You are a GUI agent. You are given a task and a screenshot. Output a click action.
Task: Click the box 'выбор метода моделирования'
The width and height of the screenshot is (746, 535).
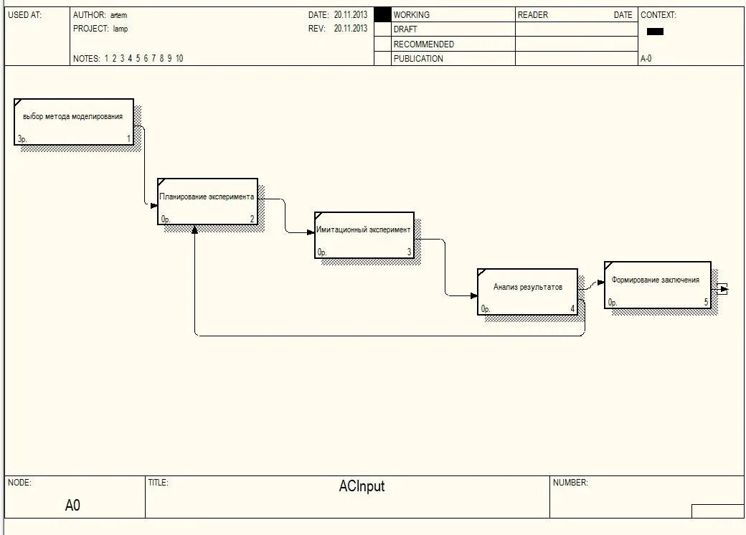tap(73, 121)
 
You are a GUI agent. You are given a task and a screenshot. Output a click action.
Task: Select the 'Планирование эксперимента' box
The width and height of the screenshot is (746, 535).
tap(207, 201)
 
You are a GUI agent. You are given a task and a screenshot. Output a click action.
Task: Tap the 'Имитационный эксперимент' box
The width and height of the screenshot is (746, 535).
tap(364, 235)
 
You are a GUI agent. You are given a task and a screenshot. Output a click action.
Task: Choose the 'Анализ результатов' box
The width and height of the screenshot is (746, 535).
tap(527, 291)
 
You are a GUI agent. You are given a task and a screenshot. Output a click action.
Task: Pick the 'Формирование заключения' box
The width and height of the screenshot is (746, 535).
tap(657, 284)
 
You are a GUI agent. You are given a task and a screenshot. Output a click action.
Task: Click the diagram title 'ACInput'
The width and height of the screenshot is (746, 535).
tap(362, 486)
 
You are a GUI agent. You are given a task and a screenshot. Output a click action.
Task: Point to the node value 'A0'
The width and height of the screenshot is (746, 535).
tap(72, 506)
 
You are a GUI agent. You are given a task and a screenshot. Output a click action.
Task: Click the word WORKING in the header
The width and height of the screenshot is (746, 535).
tap(412, 14)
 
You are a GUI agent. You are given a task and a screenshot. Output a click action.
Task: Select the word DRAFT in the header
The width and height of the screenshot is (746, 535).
tap(405, 29)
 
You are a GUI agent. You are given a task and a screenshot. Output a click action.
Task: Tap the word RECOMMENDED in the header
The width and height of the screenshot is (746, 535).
tap(423, 44)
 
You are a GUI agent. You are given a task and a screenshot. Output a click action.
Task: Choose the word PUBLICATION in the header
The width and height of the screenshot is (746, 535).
tap(418, 59)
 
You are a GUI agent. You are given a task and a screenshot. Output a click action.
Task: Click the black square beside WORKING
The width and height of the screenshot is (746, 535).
tap(383, 14)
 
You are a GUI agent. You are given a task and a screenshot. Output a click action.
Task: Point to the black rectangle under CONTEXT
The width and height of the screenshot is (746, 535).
tap(655, 32)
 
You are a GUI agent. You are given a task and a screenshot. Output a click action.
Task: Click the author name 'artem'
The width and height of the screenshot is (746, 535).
tap(118, 15)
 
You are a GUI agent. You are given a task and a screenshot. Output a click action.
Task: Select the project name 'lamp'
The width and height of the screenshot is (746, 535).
tap(120, 29)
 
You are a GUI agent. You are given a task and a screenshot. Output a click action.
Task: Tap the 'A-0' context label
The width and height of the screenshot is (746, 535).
tap(646, 59)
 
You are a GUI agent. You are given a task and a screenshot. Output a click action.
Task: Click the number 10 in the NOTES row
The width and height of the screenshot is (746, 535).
tap(179, 59)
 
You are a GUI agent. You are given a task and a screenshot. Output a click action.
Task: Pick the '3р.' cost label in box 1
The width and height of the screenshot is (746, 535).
tap(22, 139)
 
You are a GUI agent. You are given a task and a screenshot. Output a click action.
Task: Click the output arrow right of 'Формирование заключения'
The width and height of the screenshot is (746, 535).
tap(723, 288)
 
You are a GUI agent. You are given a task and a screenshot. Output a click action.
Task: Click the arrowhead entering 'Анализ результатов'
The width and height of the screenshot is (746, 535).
tap(474, 295)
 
